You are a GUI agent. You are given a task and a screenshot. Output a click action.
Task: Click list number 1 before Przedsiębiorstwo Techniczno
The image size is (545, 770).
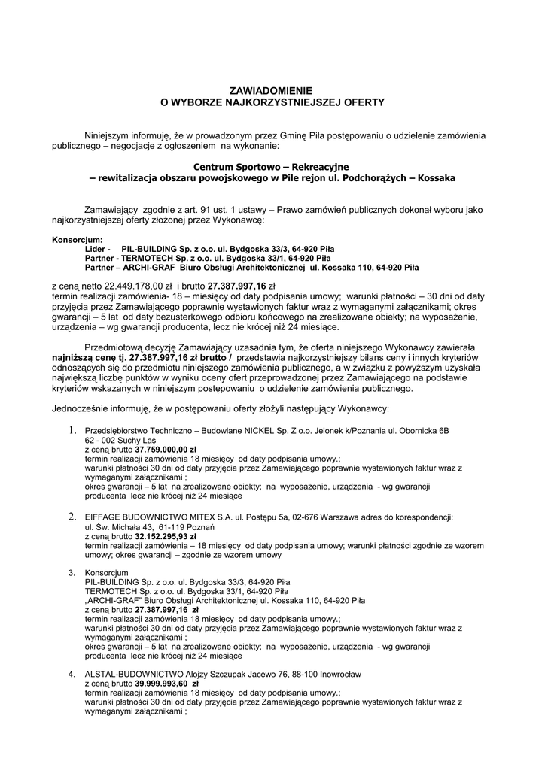[x=73, y=430]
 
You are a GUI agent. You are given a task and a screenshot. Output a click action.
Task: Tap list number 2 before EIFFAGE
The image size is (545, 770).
[x=73, y=517]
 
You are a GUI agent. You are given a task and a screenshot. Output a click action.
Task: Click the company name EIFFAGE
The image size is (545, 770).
[x=106, y=518]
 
